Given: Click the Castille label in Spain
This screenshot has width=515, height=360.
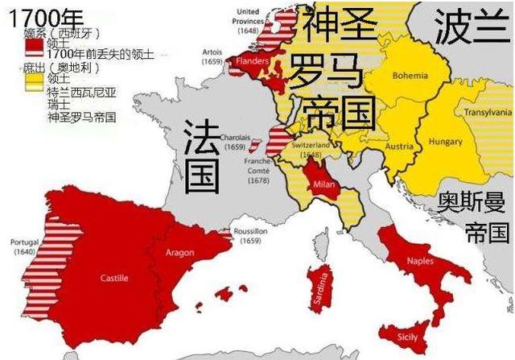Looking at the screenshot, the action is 113,278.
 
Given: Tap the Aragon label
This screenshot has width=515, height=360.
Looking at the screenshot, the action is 180,252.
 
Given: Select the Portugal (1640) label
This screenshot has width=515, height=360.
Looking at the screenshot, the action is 23,246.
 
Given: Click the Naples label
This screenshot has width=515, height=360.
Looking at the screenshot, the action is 420,260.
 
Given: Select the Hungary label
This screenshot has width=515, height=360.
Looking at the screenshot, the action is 444,142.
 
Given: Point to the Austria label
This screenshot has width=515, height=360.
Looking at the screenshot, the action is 399,147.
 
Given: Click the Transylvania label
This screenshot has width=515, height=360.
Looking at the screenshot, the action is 488,113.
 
